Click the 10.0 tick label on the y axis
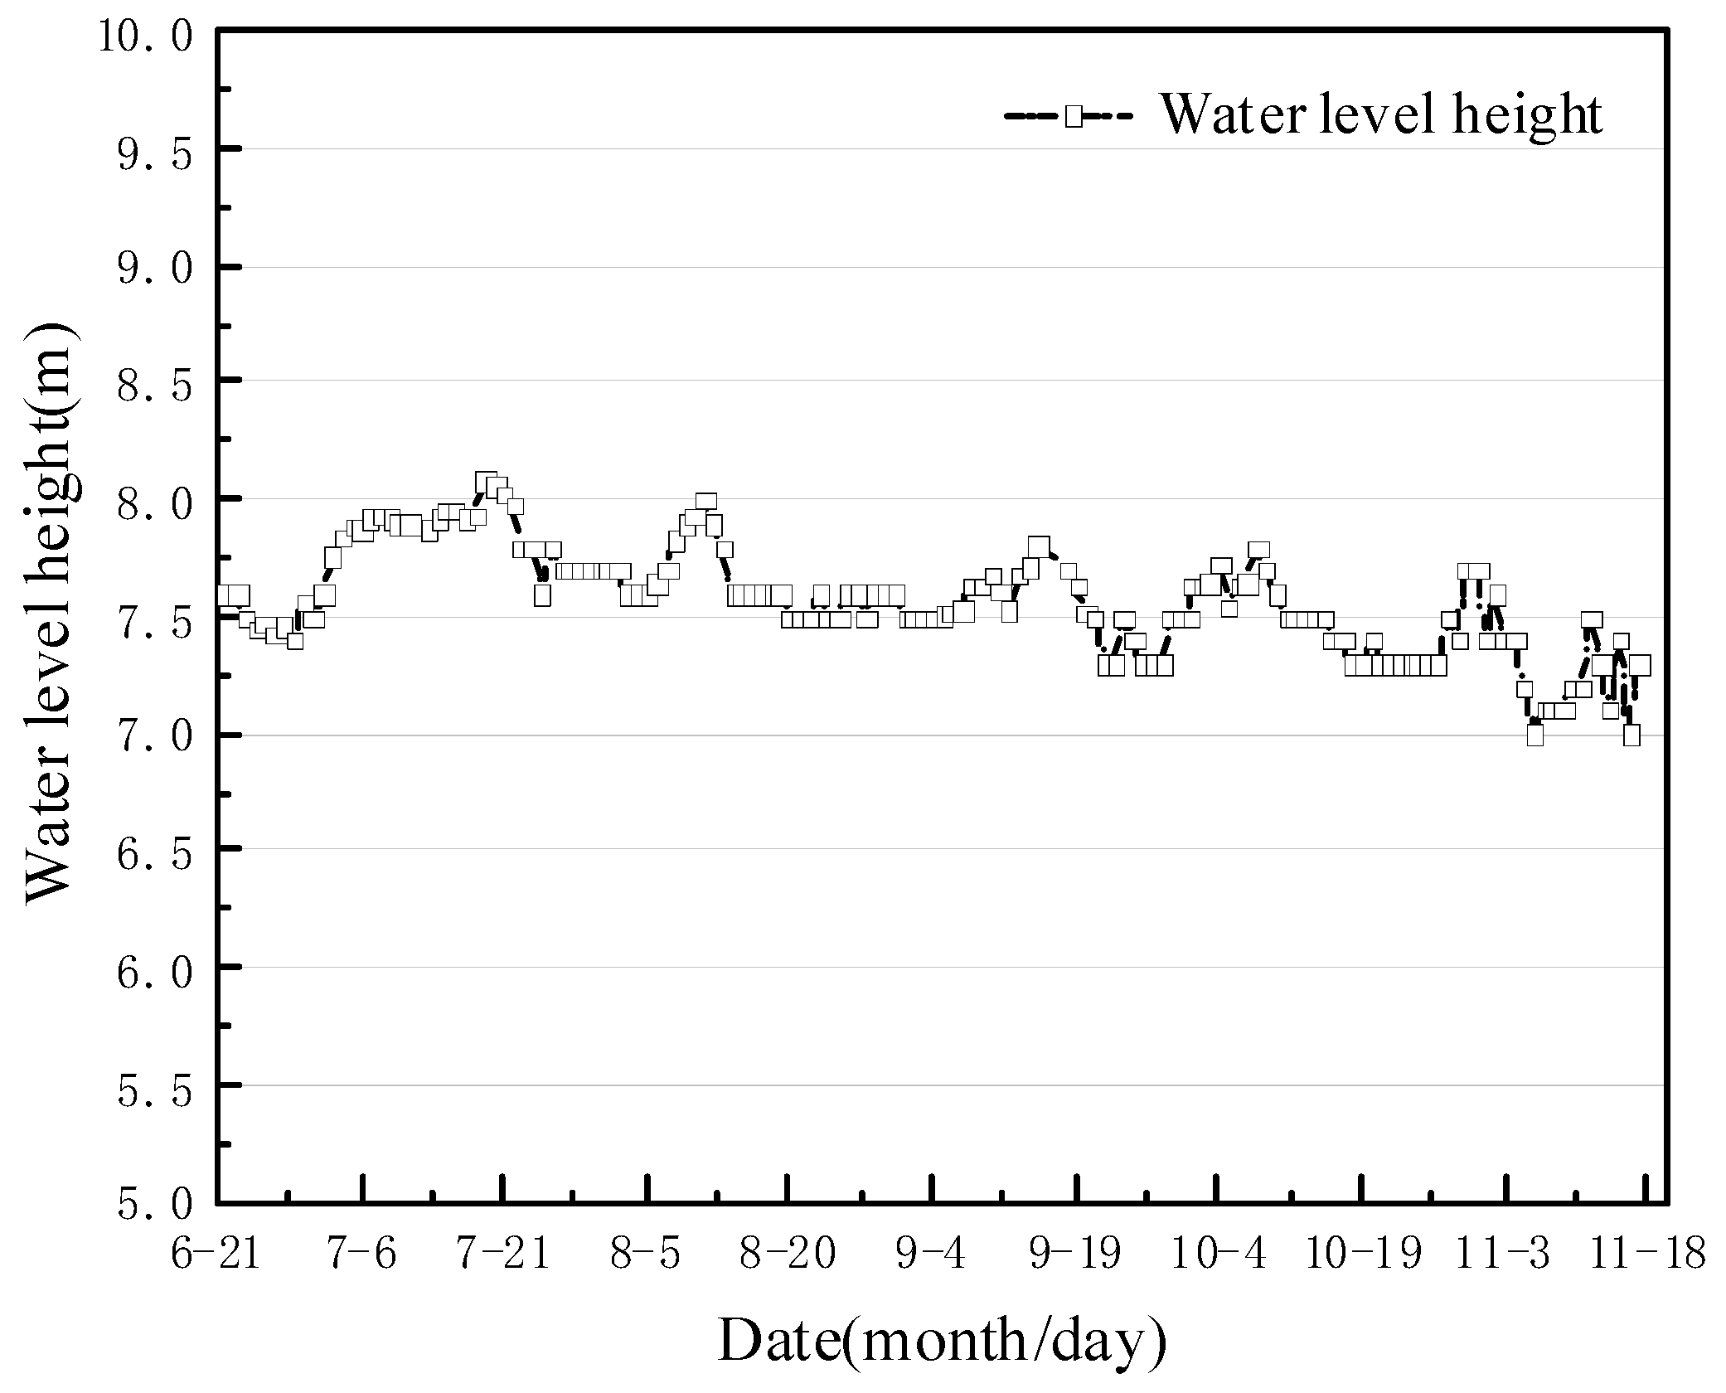click(x=145, y=37)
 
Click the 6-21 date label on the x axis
click(x=216, y=1253)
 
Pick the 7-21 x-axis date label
click(x=503, y=1253)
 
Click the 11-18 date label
click(x=1645, y=1253)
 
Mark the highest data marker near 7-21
click(x=487, y=482)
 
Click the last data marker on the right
click(x=1640, y=666)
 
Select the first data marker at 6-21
click(x=225, y=595)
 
